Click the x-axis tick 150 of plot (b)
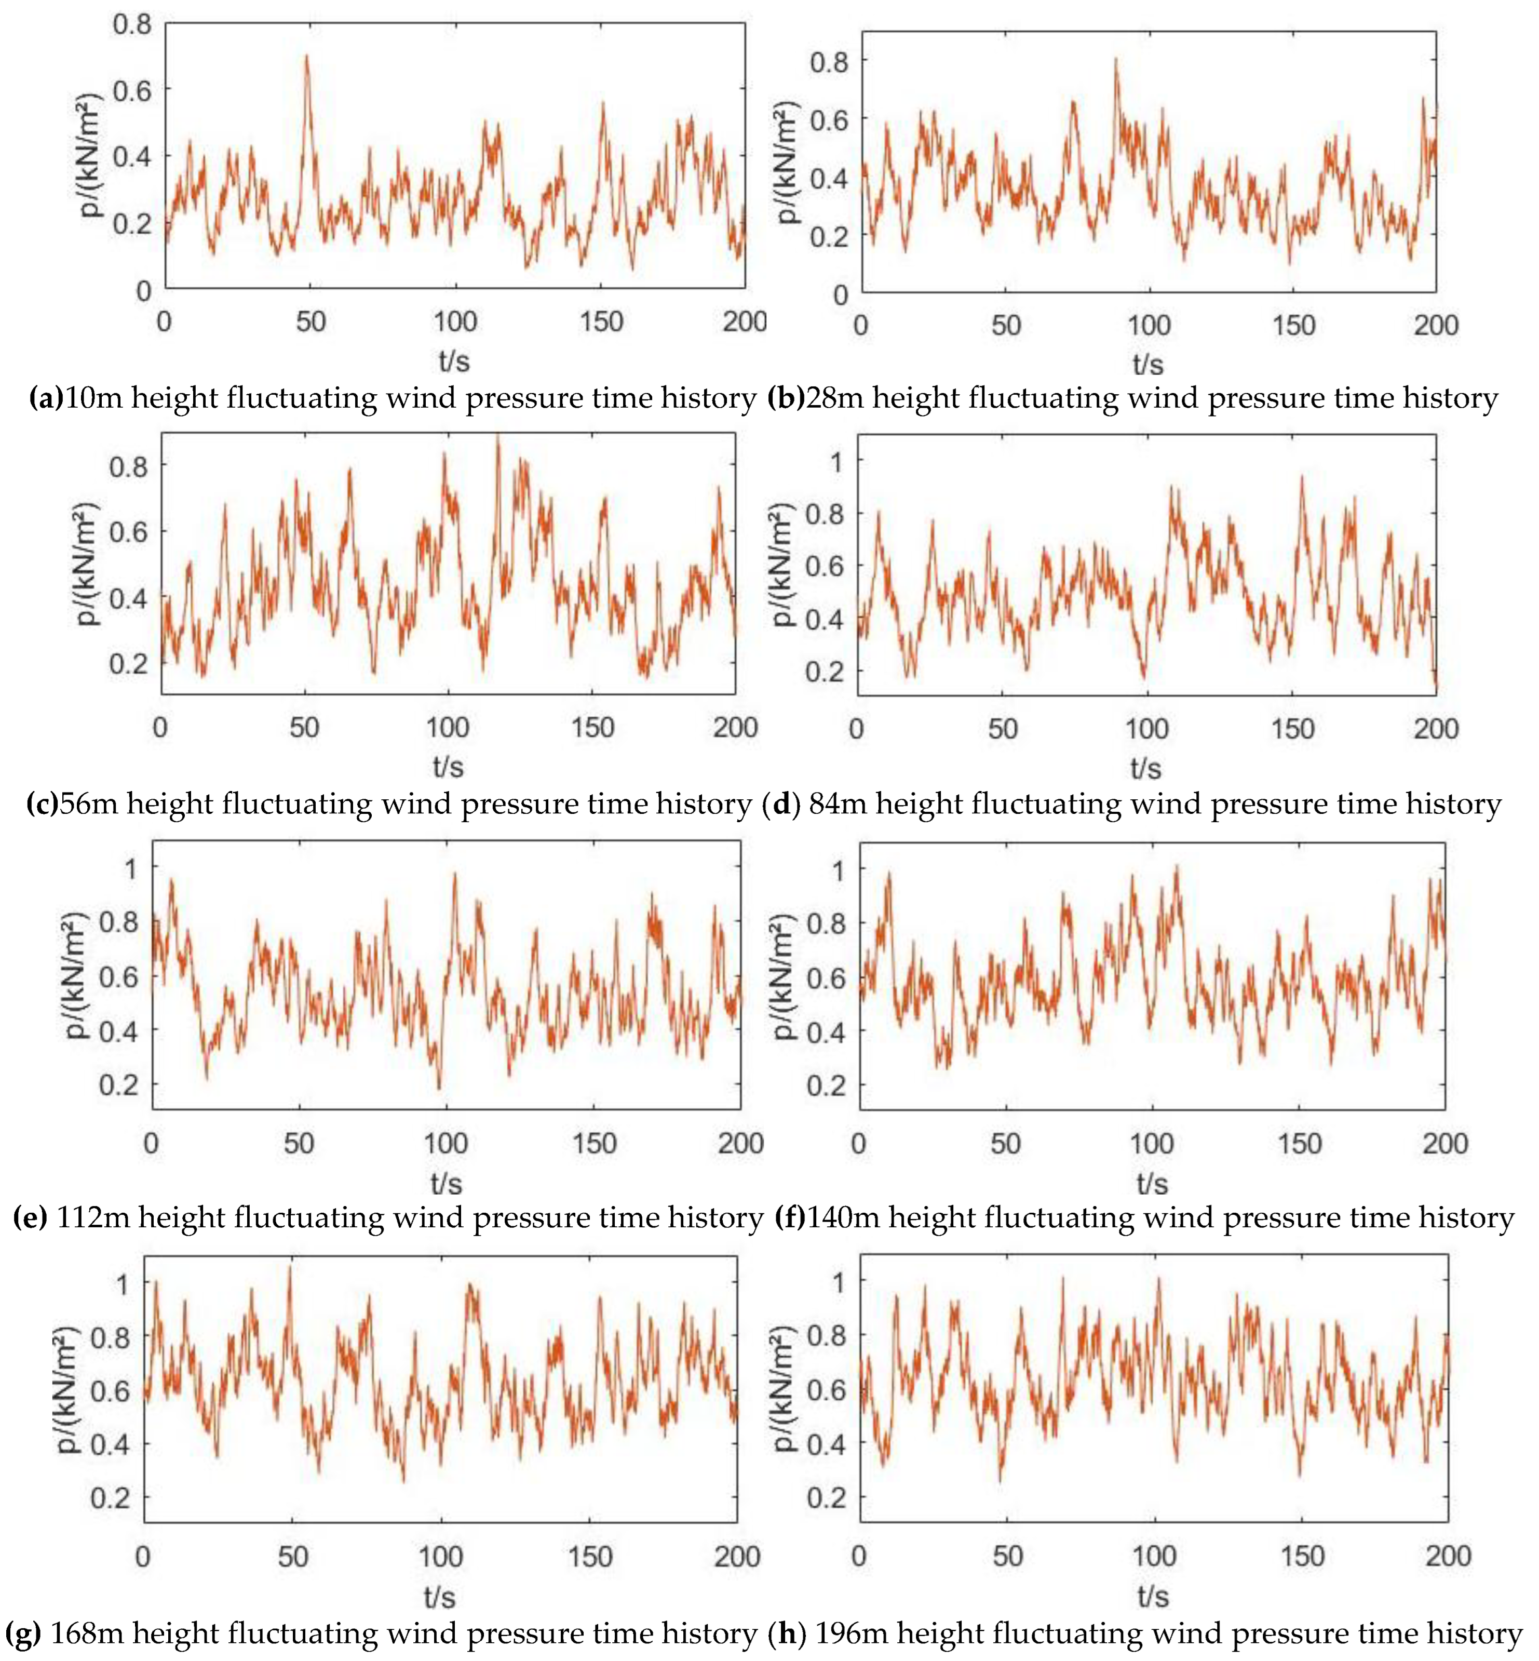coord(1293,326)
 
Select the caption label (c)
coord(42,804)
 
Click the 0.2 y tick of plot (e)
coord(119,1086)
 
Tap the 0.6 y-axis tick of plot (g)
coord(110,1390)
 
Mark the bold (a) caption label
coord(46,398)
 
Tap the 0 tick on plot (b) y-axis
coord(840,296)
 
